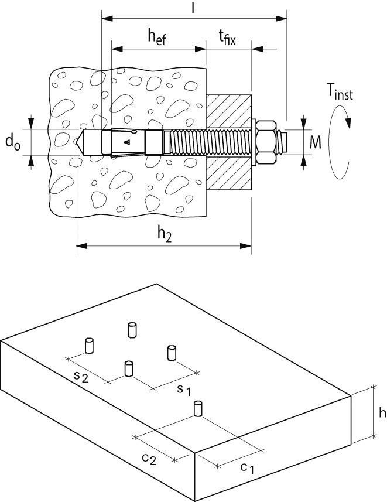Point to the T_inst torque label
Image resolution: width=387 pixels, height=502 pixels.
click(340, 92)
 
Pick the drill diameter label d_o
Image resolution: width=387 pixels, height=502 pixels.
click(13, 142)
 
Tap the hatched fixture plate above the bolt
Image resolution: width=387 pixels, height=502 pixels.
click(229, 111)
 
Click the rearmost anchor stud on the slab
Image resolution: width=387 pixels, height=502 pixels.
click(132, 329)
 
